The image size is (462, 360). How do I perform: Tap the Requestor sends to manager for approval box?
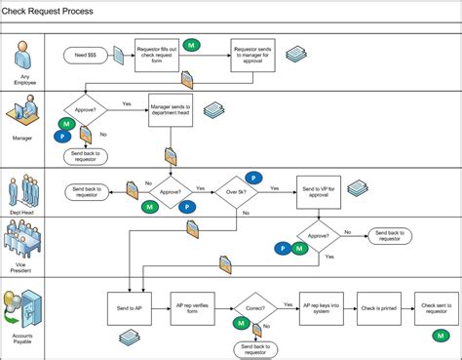pyautogui.click(x=251, y=57)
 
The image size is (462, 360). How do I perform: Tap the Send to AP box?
pyautogui.click(x=133, y=306)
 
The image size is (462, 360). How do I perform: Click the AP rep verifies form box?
pyautogui.click(x=192, y=306)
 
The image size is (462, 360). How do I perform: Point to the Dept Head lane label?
pyautogui.click(x=23, y=213)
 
